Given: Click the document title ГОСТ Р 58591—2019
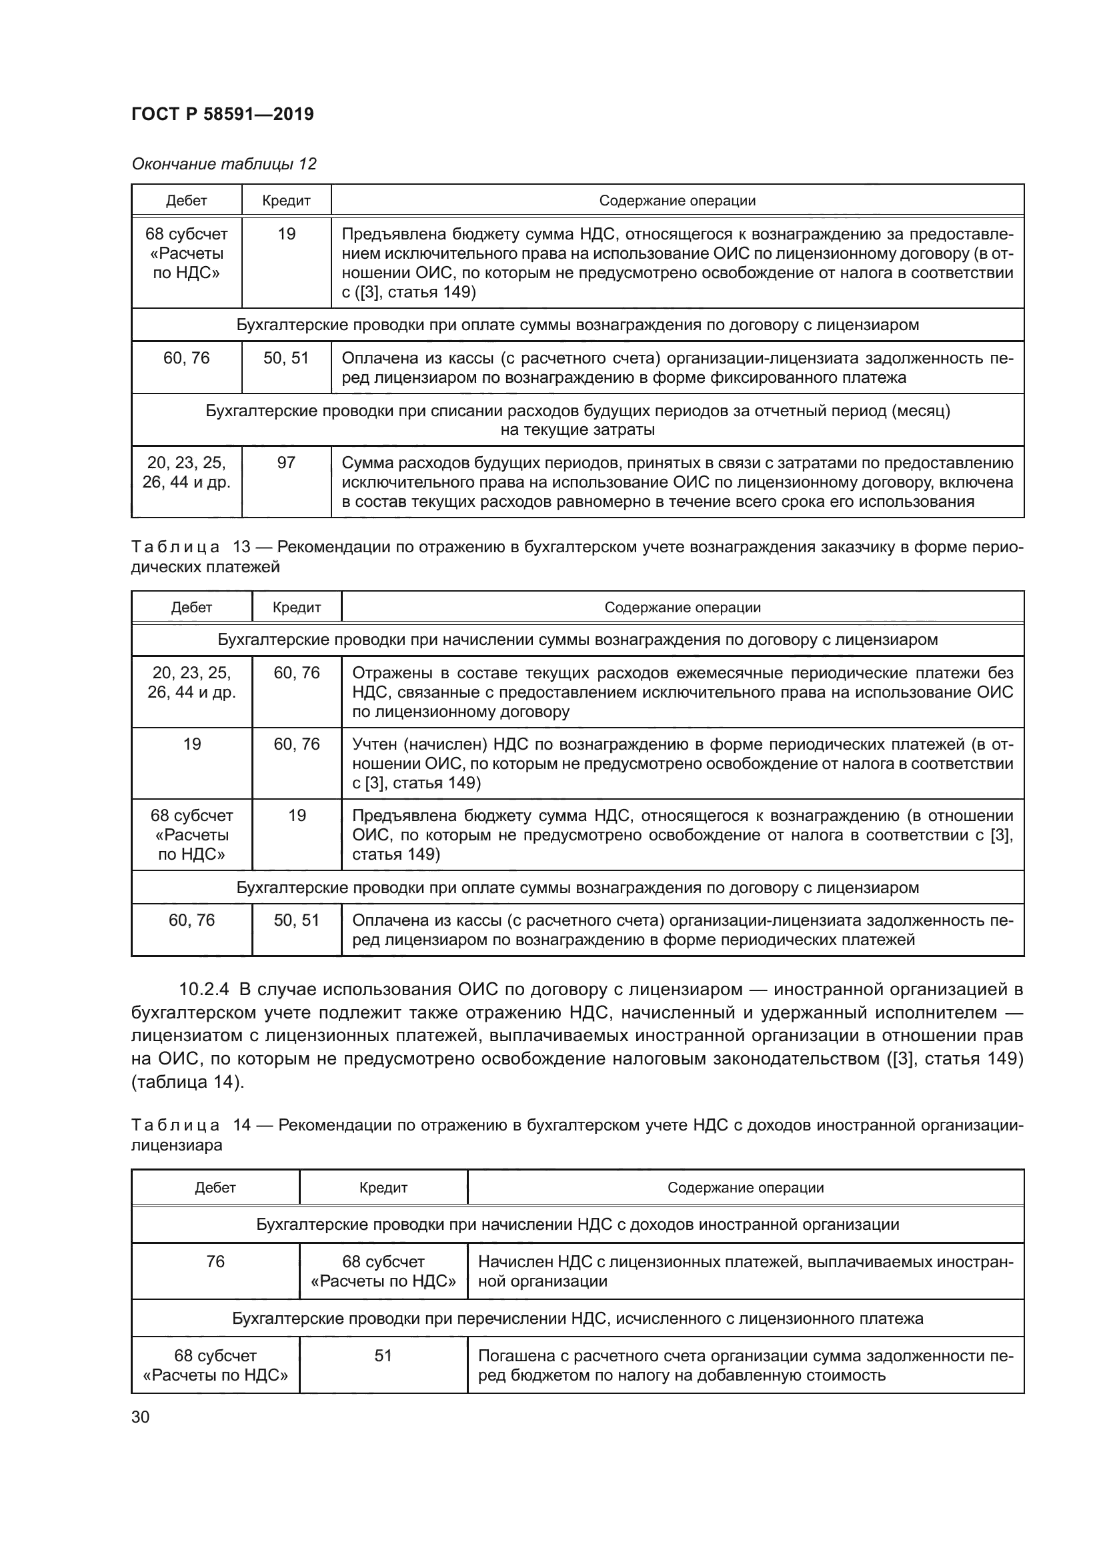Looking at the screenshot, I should pyautogui.click(x=222, y=114).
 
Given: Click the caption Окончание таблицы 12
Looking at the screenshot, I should pyautogui.click(x=223, y=164).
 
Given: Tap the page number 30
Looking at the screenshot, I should pyautogui.click(x=141, y=1417).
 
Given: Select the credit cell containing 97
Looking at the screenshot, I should pyautogui.click(x=286, y=463).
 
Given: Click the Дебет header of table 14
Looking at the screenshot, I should pyautogui.click(x=215, y=1188).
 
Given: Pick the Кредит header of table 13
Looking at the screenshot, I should pyautogui.click(x=296, y=608).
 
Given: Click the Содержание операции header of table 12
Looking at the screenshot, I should pyautogui.click(x=676, y=201).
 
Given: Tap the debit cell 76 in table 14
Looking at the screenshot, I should pyautogui.click(x=215, y=1262).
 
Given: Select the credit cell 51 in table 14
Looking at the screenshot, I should pyautogui.click(x=383, y=1355).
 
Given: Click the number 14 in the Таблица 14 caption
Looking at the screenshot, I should pyautogui.click(x=242, y=1125).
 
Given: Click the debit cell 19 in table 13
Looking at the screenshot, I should pyautogui.click(x=191, y=744).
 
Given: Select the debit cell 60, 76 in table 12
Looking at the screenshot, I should pyautogui.click(x=186, y=358).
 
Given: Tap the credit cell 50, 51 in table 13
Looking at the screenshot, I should pyautogui.click(x=296, y=920).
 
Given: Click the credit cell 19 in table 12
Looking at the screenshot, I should pyautogui.click(x=286, y=233).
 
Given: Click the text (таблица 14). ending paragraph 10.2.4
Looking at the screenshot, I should pyautogui.click(x=187, y=1082).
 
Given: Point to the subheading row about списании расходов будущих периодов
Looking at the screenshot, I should pyautogui.click(x=578, y=420).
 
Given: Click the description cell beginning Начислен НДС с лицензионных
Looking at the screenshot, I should pyautogui.click(x=745, y=1271).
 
